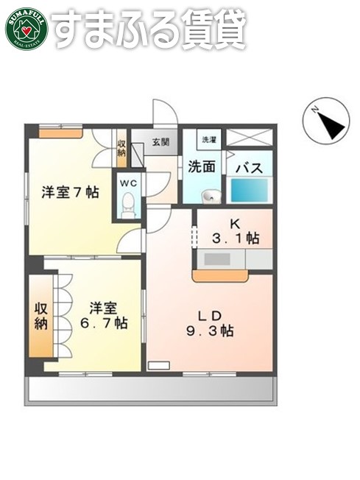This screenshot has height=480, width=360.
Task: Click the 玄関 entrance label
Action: tap(161, 141)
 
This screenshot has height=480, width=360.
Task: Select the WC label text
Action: tap(129, 181)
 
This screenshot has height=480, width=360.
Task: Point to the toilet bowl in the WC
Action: tap(129, 202)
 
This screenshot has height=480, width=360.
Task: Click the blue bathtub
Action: tap(251, 190)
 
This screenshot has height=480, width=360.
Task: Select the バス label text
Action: tap(249, 168)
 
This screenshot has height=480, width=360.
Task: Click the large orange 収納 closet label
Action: tap(40, 315)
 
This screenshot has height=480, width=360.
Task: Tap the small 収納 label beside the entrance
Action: tap(121, 148)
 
